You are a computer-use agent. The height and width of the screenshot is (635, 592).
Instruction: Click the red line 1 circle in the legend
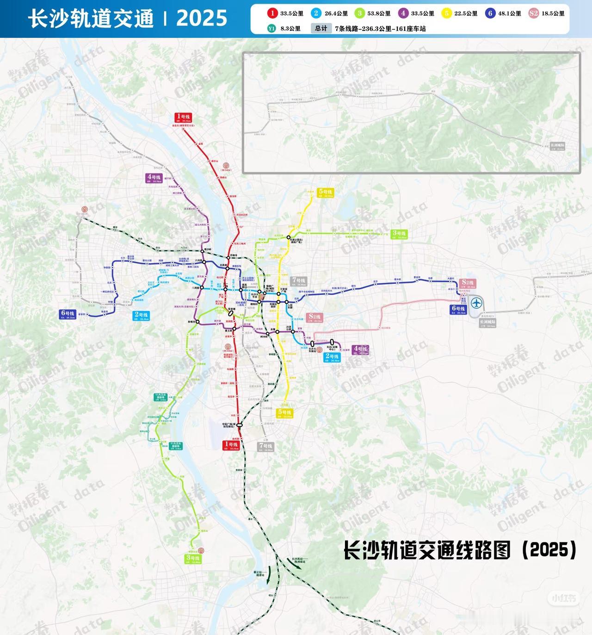(273, 13)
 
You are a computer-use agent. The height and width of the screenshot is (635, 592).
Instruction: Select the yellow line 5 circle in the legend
(447, 13)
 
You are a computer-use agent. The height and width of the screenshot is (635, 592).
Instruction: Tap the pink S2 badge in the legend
(534, 13)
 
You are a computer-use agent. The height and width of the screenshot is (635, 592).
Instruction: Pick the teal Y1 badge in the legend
(271, 28)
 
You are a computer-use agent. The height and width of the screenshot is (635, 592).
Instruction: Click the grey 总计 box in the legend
(321, 28)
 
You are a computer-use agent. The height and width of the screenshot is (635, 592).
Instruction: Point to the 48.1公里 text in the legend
(509, 13)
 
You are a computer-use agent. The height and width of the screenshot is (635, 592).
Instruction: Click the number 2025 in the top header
(202, 19)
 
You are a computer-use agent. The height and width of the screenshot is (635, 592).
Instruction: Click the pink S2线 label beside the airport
(468, 283)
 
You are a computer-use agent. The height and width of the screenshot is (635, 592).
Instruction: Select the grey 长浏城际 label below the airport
(487, 322)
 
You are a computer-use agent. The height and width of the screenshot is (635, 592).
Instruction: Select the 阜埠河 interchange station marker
(197, 321)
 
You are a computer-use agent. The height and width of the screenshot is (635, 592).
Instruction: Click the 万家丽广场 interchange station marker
(278, 294)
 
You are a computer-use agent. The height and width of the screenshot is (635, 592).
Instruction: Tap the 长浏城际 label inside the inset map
(557, 145)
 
